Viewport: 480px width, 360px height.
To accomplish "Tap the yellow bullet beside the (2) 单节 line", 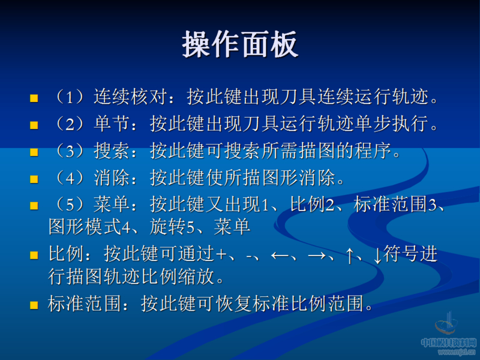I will [x=34, y=125].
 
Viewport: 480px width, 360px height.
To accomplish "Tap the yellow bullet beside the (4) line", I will [x=34, y=179].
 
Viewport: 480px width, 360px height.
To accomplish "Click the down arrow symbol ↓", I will [x=377, y=255].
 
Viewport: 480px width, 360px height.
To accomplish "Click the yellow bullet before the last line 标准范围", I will [x=34, y=305].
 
